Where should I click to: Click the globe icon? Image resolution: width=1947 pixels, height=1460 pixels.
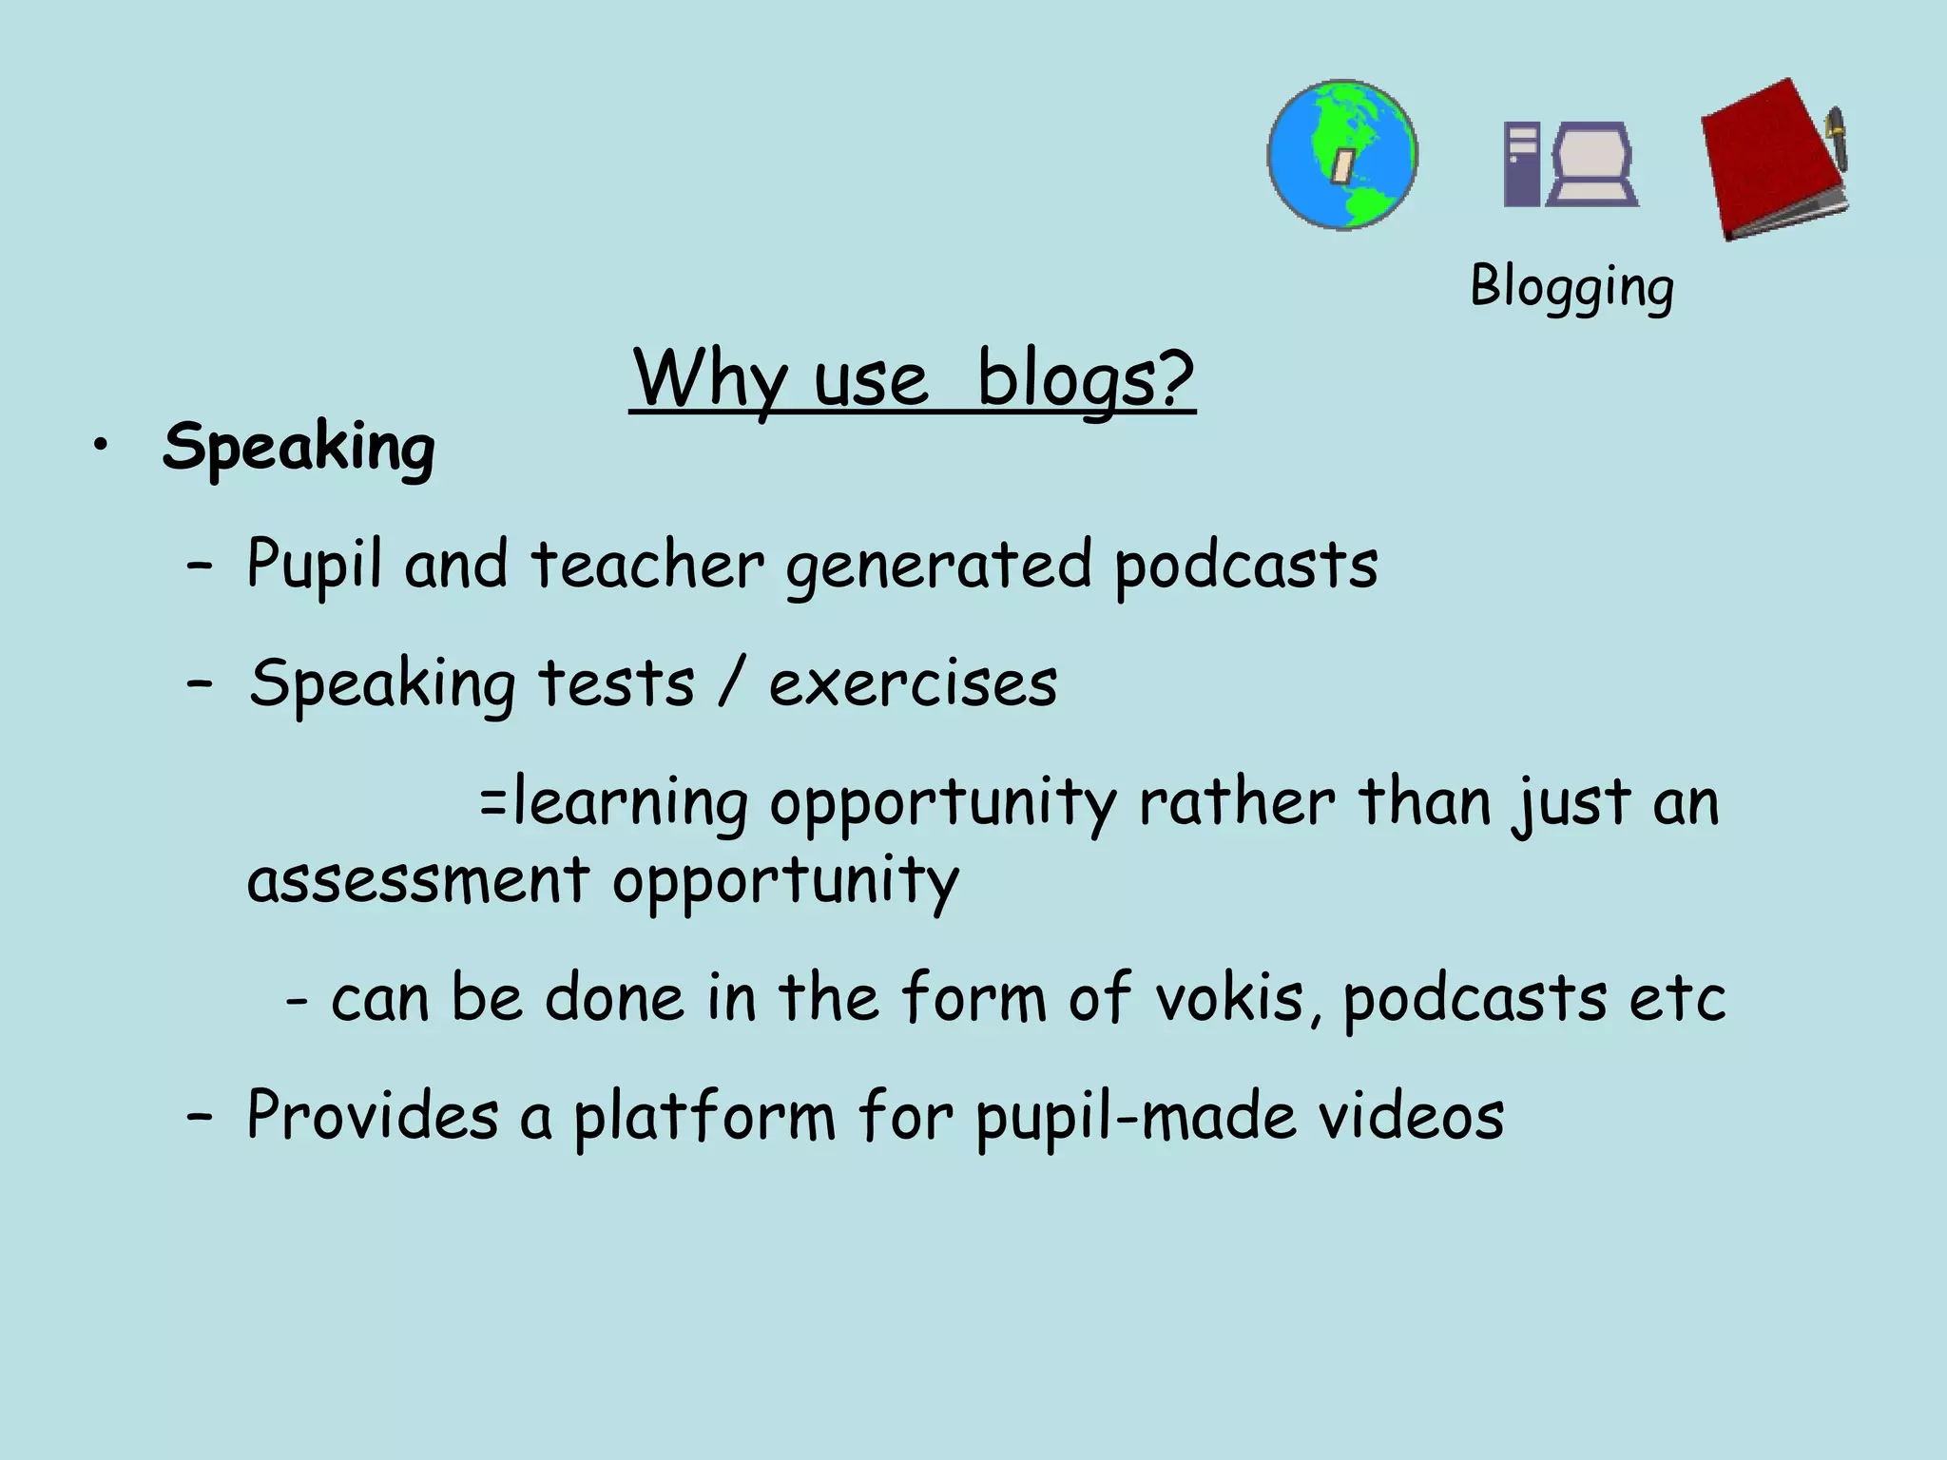pyautogui.click(x=1342, y=154)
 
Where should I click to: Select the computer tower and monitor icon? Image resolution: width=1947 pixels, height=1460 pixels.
pyautogui.click(x=1571, y=163)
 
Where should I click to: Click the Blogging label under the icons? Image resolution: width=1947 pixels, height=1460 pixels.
pyautogui.click(x=1571, y=286)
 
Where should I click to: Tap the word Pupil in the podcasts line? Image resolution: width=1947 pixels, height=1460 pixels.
pyautogui.click(x=315, y=565)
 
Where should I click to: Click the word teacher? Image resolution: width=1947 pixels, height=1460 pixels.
pyautogui.click(x=646, y=565)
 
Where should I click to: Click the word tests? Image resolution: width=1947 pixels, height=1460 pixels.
pyautogui.click(x=616, y=683)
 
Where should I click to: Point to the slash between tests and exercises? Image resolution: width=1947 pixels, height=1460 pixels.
pyautogui.click(x=730, y=683)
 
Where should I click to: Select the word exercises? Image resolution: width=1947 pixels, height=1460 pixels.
pyautogui.click(x=913, y=683)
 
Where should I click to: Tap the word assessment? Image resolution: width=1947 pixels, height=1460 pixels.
pyautogui.click(x=418, y=879)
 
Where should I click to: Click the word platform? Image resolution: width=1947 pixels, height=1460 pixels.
pyautogui.click(x=704, y=1116)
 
